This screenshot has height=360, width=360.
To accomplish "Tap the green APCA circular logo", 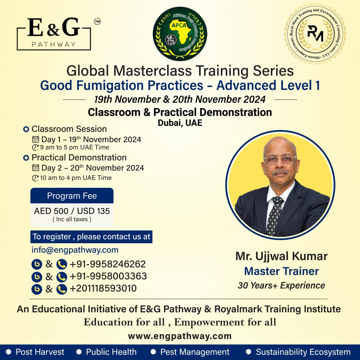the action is (x=180, y=34).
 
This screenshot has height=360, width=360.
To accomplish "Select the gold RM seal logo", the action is (x=315, y=34).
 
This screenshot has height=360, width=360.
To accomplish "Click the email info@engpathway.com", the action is (x=75, y=250).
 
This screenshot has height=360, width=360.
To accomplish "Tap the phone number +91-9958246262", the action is (x=108, y=264).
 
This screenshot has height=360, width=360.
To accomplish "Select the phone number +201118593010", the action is (x=103, y=288).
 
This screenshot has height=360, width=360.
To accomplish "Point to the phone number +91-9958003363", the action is (x=108, y=276).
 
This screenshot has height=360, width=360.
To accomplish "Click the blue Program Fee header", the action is (x=72, y=196).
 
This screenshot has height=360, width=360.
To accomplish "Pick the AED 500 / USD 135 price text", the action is (x=72, y=211).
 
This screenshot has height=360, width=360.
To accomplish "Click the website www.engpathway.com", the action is (x=180, y=336).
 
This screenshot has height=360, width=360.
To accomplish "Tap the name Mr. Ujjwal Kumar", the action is (x=282, y=256).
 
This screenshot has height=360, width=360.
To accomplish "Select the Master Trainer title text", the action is (x=282, y=271).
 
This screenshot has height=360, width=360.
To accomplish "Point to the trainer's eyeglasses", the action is (x=280, y=159).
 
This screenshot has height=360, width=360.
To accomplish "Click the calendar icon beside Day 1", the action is (x=35, y=140).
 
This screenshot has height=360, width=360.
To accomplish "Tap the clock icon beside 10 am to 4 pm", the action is (x=35, y=178).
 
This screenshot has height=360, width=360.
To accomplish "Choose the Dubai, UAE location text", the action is (x=180, y=123).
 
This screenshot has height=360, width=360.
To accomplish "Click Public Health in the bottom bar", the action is (x=111, y=352).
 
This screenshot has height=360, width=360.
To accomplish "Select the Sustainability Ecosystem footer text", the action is (x=303, y=352).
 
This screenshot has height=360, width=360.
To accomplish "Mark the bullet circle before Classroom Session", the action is (x=26, y=129).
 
